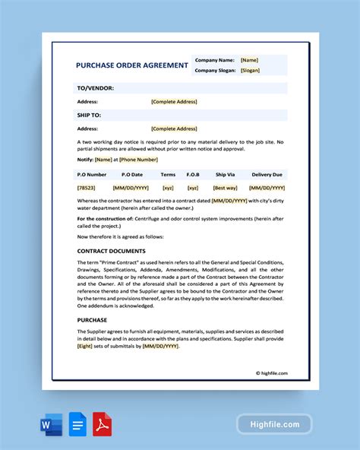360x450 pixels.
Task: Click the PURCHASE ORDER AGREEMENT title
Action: [132, 65]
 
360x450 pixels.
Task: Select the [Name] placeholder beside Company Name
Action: [249, 59]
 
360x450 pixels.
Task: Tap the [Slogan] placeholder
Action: [250, 70]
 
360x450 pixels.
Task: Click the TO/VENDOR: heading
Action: [96, 88]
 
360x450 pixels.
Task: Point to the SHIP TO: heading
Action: [90, 116]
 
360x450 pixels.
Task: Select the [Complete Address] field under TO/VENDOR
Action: [174, 101]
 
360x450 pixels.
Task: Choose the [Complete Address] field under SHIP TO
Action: [174, 128]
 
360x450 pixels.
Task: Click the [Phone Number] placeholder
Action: [139, 160]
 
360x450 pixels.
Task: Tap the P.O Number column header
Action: [93, 174]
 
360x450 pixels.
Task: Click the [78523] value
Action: [87, 187]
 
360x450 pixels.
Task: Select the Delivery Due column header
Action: [267, 174]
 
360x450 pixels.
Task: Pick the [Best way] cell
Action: [225, 187]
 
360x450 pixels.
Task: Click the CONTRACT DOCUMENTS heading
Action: [111, 251]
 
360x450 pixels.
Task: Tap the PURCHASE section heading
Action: [93, 320]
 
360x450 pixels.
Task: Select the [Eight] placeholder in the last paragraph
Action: [85, 346]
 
